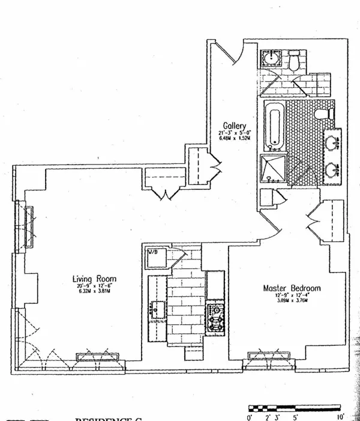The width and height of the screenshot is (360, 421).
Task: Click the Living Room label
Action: coord(94,279)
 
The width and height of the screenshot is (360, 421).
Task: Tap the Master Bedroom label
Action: coord(292,288)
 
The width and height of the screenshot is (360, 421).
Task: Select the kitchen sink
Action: coord(160,310)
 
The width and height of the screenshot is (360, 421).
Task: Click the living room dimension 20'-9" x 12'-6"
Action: coord(95,288)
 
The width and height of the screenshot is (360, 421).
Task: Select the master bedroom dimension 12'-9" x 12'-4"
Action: coord(292,297)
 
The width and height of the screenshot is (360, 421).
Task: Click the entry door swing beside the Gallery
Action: coord(228,53)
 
